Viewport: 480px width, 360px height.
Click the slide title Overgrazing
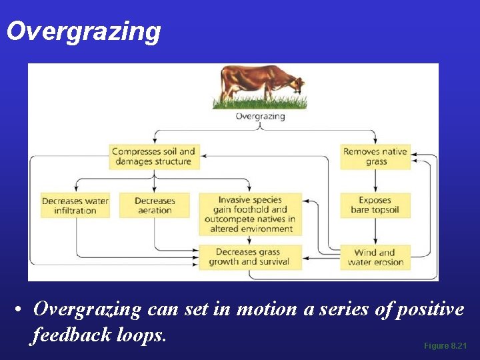pyautogui.click(x=83, y=31)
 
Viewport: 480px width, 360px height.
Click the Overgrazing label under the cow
pyautogui.click(x=260, y=116)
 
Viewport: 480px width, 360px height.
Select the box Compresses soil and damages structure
pyautogui.click(x=154, y=157)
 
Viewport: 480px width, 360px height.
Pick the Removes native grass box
pyautogui.click(x=375, y=157)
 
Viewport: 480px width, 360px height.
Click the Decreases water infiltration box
pyautogui.click(x=75, y=205)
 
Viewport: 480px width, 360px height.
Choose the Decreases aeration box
pyautogui.click(x=154, y=205)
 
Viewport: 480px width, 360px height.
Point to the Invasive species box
pyautogui.click(x=250, y=214)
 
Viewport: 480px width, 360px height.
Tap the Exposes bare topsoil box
pyautogui.click(x=375, y=205)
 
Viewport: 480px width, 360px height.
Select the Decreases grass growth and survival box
pyautogui.click(x=250, y=257)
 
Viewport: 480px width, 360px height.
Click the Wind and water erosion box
pyautogui.click(x=375, y=257)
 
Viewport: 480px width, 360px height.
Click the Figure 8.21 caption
pyautogui.click(x=445, y=346)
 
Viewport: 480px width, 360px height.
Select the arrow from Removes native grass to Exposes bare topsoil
pyautogui.click(x=375, y=181)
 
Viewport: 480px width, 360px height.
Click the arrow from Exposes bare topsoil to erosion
pyautogui.click(x=375, y=231)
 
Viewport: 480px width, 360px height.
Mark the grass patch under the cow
pyautogui.click(x=260, y=103)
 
